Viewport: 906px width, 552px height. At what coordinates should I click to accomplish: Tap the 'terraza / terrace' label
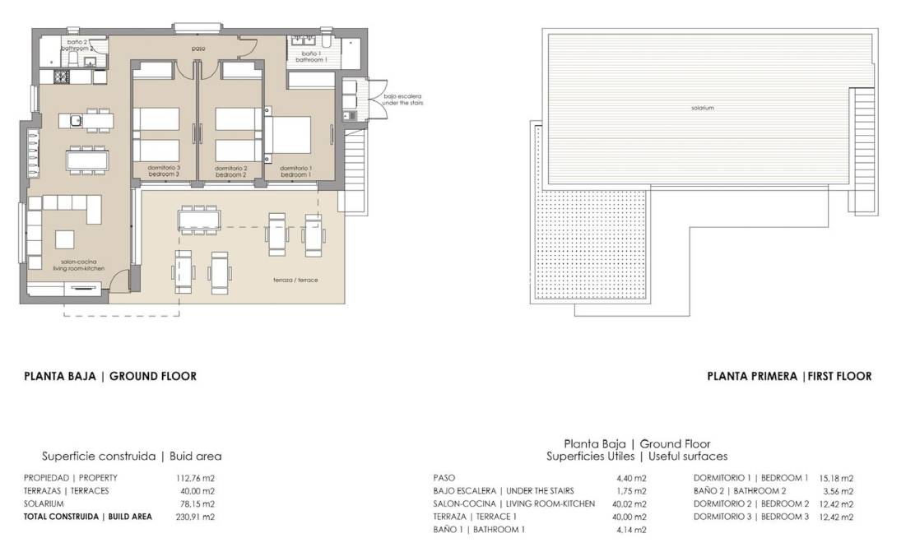pyautogui.click(x=295, y=281)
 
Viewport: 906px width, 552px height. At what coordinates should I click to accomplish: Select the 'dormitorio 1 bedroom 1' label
pyautogui.click(x=295, y=171)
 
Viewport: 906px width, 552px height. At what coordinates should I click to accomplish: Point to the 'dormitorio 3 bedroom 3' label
pyautogui.click(x=163, y=171)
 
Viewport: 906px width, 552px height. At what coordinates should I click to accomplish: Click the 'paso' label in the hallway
pyautogui.click(x=197, y=49)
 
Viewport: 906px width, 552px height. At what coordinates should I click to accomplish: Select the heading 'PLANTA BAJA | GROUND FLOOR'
pyautogui.click(x=110, y=376)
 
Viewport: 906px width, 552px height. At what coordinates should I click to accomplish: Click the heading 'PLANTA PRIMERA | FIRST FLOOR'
pyautogui.click(x=789, y=376)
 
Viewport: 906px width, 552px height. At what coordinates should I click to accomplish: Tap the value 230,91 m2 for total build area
pyautogui.click(x=197, y=517)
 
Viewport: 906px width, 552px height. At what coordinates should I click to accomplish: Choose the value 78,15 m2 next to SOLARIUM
pyautogui.click(x=197, y=503)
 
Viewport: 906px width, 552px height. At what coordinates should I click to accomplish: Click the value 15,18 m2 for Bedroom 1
pyautogui.click(x=836, y=478)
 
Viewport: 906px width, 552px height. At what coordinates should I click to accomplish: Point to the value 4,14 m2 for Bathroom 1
pyautogui.click(x=631, y=530)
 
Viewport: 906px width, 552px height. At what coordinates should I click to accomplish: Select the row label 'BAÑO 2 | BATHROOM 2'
pyautogui.click(x=740, y=491)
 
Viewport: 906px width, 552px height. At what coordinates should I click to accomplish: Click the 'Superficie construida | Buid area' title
pyautogui.click(x=132, y=456)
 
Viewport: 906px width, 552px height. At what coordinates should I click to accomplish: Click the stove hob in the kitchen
pyautogui.click(x=62, y=77)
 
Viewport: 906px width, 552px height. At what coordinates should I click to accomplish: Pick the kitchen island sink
pyautogui.click(x=75, y=121)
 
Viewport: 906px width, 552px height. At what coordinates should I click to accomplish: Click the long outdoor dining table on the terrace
pyautogui.click(x=200, y=218)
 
